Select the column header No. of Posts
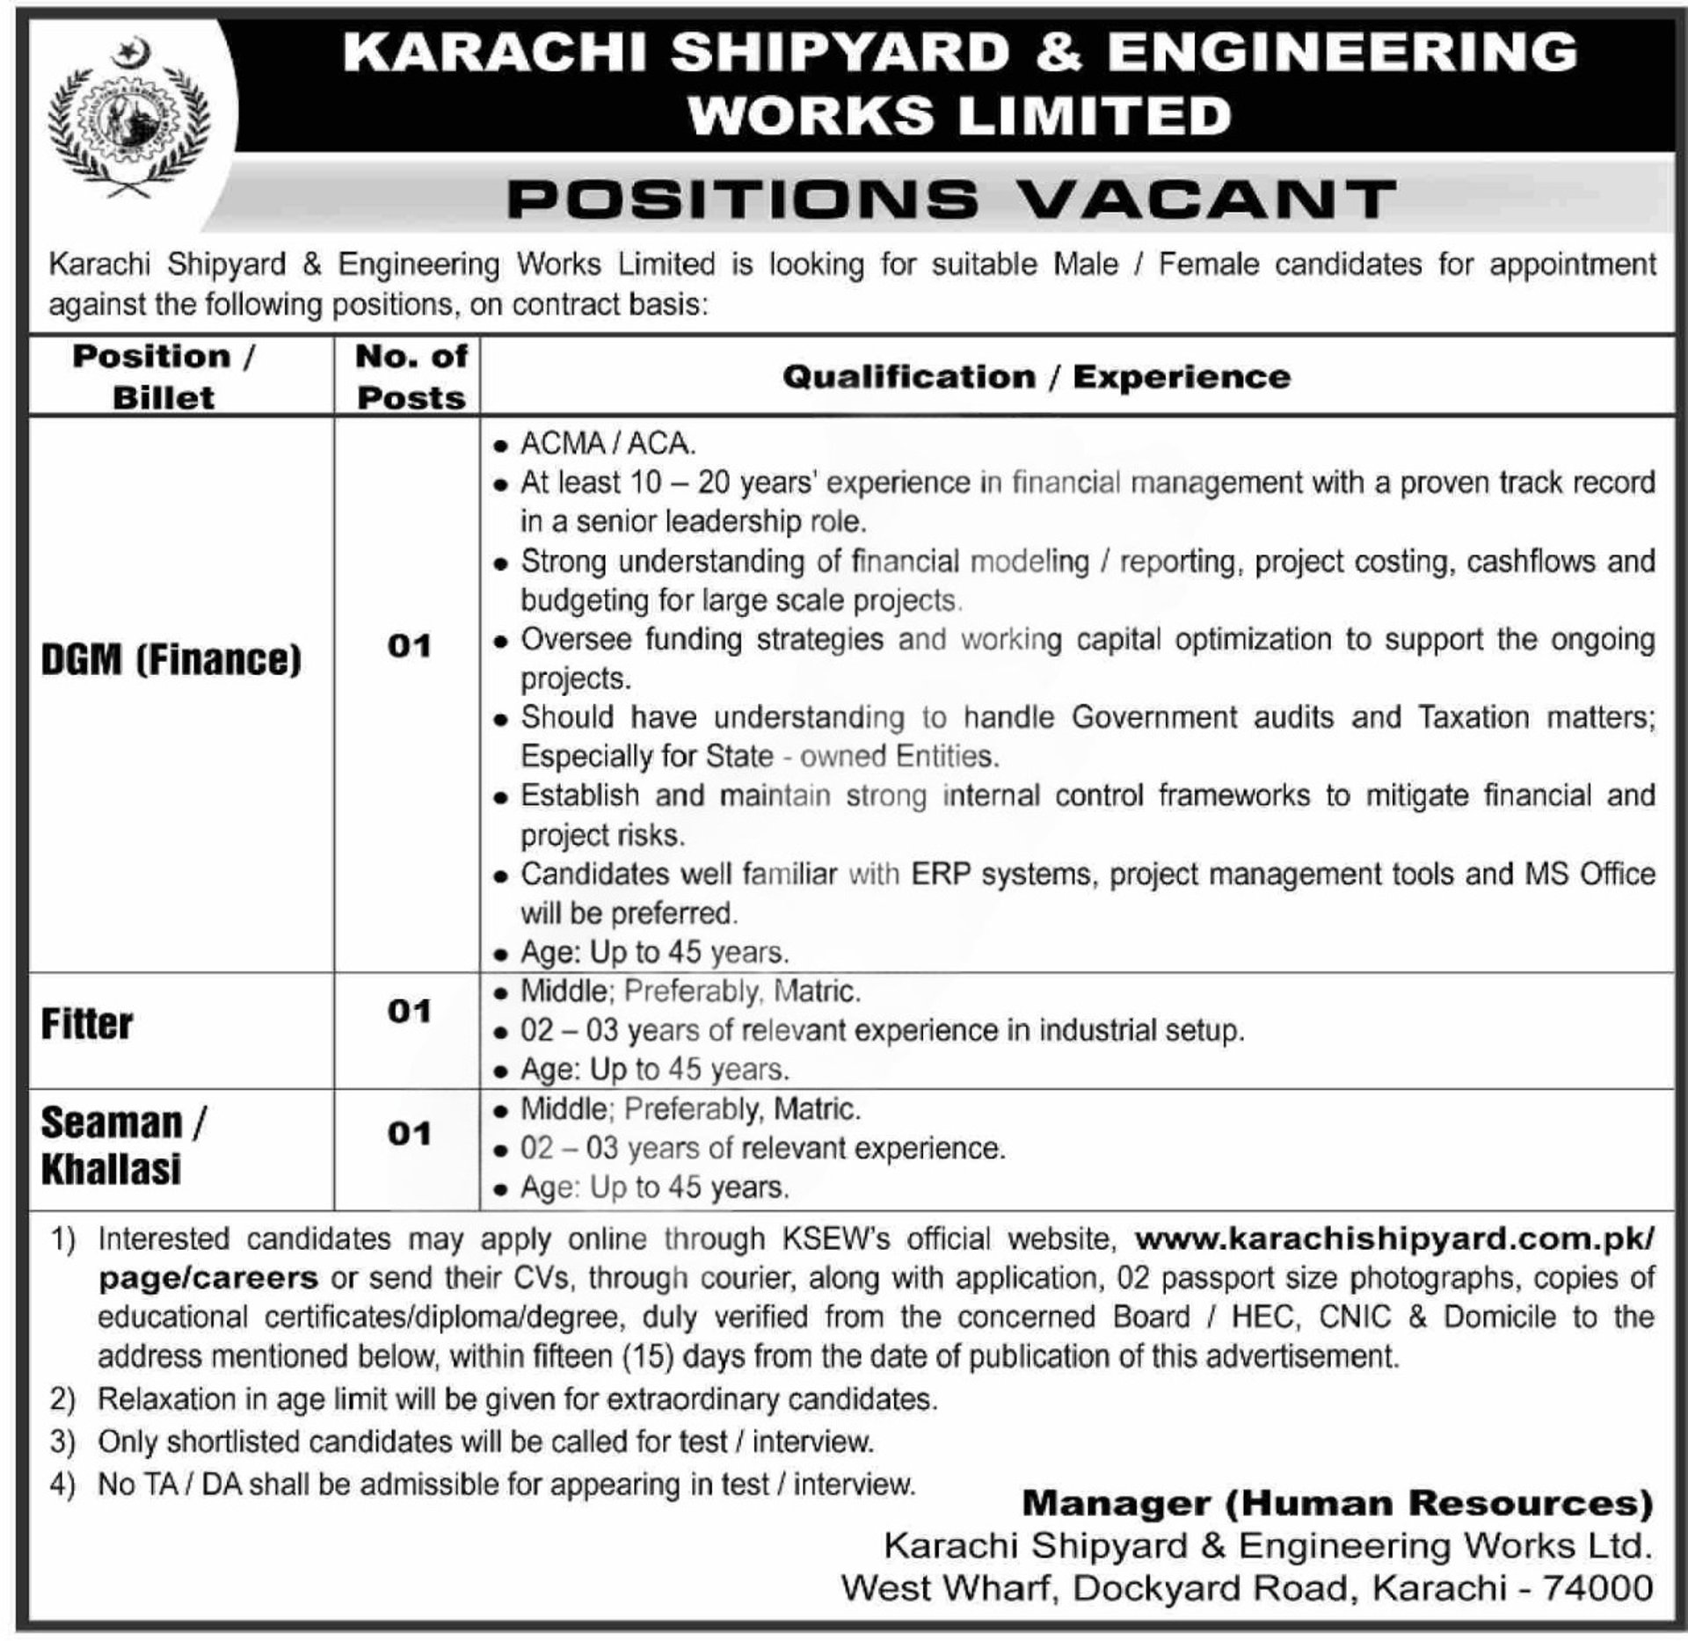click(x=410, y=377)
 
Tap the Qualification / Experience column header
click(x=1037, y=377)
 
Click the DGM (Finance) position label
click(x=171, y=659)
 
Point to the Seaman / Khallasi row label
click(x=122, y=1146)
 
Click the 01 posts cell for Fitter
click(x=409, y=1012)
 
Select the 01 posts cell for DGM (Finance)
click(x=409, y=647)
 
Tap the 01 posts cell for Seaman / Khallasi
click(x=409, y=1134)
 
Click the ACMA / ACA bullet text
click(x=608, y=444)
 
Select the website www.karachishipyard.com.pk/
click(x=1394, y=1239)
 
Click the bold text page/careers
click(x=208, y=1278)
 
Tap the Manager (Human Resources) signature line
click(x=1337, y=1504)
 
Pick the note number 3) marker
click(x=62, y=1442)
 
